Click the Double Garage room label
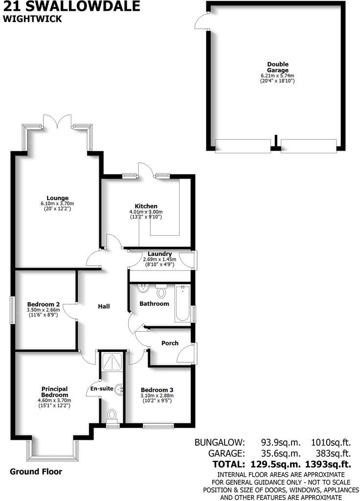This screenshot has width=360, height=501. pyautogui.click(x=277, y=67)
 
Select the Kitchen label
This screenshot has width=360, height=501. pyautogui.click(x=146, y=206)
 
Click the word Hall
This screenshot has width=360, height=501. pyautogui.click(x=103, y=307)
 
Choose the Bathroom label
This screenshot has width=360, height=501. pyautogui.click(x=154, y=304)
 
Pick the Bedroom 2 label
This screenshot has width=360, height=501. pyautogui.click(x=44, y=303)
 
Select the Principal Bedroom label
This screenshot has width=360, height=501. pyautogui.click(x=54, y=391)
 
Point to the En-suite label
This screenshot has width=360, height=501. pyautogui.click(x=102, y=389)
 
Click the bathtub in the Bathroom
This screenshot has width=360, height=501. pyautogui.click(x=182, y=303)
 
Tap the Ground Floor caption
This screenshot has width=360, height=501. pyautogui.click(x=36, y=472)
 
